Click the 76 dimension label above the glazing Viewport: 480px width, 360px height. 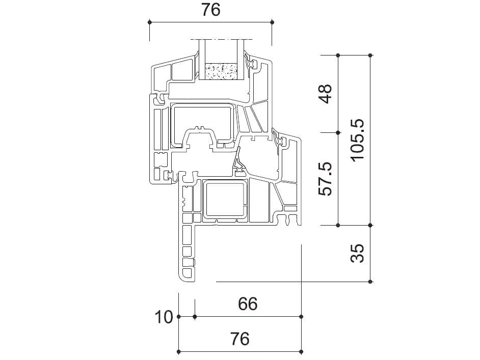coord(210,10)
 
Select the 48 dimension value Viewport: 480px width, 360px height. coord(325,93)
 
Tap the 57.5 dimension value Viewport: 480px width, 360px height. coord(325,178)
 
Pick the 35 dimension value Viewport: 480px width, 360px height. coord(358,253)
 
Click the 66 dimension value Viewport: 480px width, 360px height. coord(248,304)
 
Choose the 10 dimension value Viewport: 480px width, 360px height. coord(165,317)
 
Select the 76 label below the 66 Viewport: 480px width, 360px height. coord(239,338)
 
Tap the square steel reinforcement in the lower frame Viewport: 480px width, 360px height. coord(224,201)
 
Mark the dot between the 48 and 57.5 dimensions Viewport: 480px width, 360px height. coord(338,132)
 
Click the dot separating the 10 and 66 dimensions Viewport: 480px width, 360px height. coord(195,317)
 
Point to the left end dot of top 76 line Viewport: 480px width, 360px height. coord(149,22)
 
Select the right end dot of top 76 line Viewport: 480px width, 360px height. coord(272,22)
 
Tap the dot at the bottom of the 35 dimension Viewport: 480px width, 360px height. coord(370,282)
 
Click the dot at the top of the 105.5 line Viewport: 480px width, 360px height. coord(370,55)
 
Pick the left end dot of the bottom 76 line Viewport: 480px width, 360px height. coord(178,351)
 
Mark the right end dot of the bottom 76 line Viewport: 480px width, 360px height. coord(301,351)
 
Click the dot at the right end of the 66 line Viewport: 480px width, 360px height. coord(301,317)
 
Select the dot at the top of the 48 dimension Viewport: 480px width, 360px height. coord(338,55)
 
